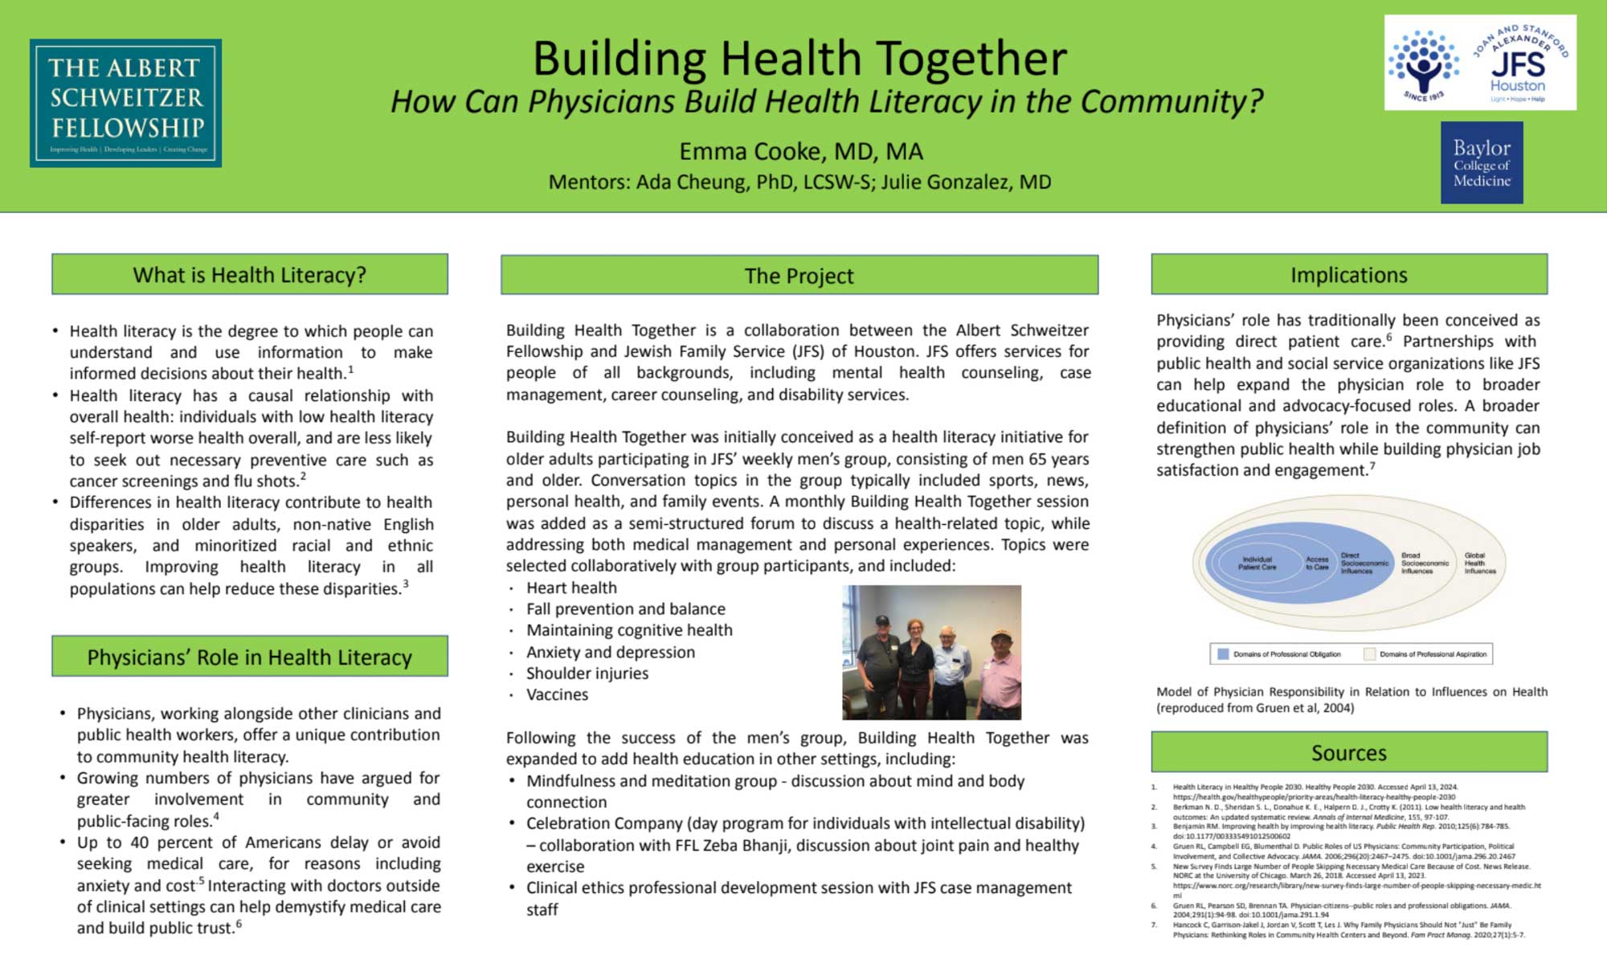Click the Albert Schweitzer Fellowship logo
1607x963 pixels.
point(125,103)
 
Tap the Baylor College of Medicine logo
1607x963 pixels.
point(1481,162)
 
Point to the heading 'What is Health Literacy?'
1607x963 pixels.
point(249,275)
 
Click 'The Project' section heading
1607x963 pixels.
point(799,276)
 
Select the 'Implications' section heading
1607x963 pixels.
point(1348,275)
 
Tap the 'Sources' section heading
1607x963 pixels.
point(1348,752)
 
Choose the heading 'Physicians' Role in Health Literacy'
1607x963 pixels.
point(249,658)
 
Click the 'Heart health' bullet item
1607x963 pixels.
point(571,588)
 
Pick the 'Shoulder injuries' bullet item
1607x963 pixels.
point(587,673)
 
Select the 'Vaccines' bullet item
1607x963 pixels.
point(557,695)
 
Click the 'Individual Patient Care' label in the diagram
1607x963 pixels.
point(1257,563)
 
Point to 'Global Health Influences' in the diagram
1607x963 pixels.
point(1479,563)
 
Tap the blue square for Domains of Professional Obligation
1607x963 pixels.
point(1223,654)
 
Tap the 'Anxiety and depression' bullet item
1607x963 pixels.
point(610,652)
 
